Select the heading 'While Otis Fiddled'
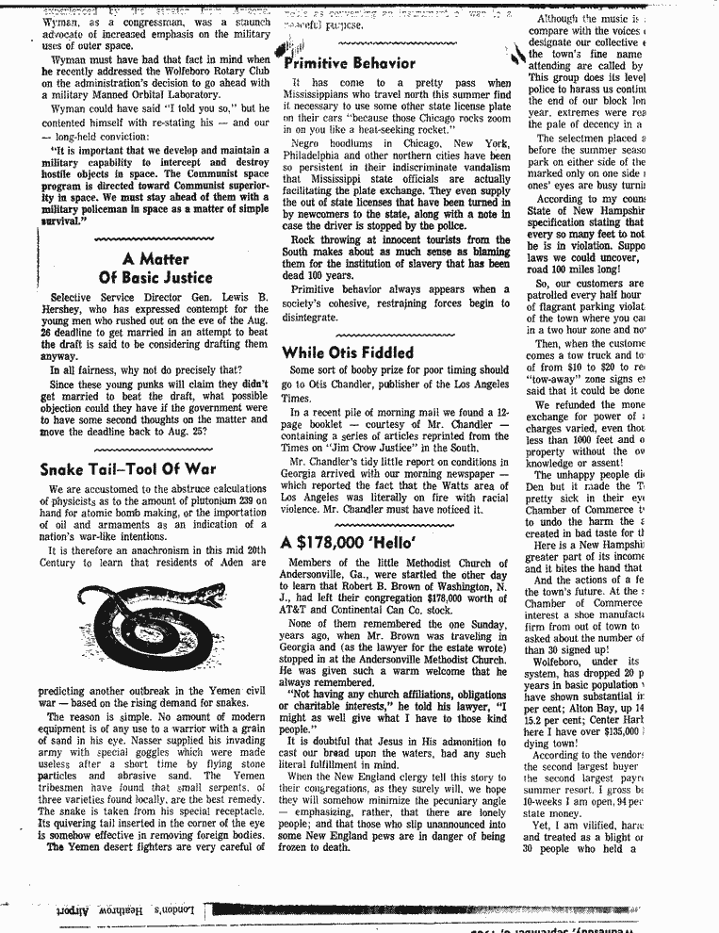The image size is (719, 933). [347, 352]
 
